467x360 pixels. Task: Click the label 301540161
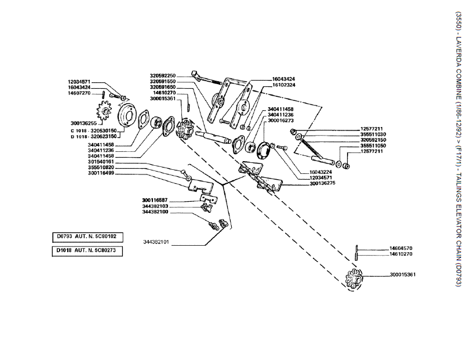[x=101, y=162]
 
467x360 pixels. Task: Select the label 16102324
[x=284, y=85]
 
